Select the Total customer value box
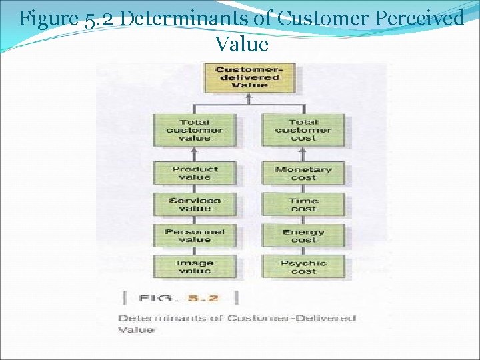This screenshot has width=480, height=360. tap(194, 130)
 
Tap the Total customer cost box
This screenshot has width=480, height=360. tap(303, 130)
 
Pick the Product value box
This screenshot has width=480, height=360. tap(194, 173)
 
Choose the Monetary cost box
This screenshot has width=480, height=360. tap(303, 173)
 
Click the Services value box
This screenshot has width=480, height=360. tap(194, 204)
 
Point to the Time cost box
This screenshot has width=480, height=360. tap(303, 204)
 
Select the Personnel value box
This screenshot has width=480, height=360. tap(194, 235)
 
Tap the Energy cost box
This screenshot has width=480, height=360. tap(303, 235)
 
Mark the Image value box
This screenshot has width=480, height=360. tap(194, 267)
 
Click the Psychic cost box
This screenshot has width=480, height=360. tap(303, 267)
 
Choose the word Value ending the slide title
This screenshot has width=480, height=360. tap(241, 44)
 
